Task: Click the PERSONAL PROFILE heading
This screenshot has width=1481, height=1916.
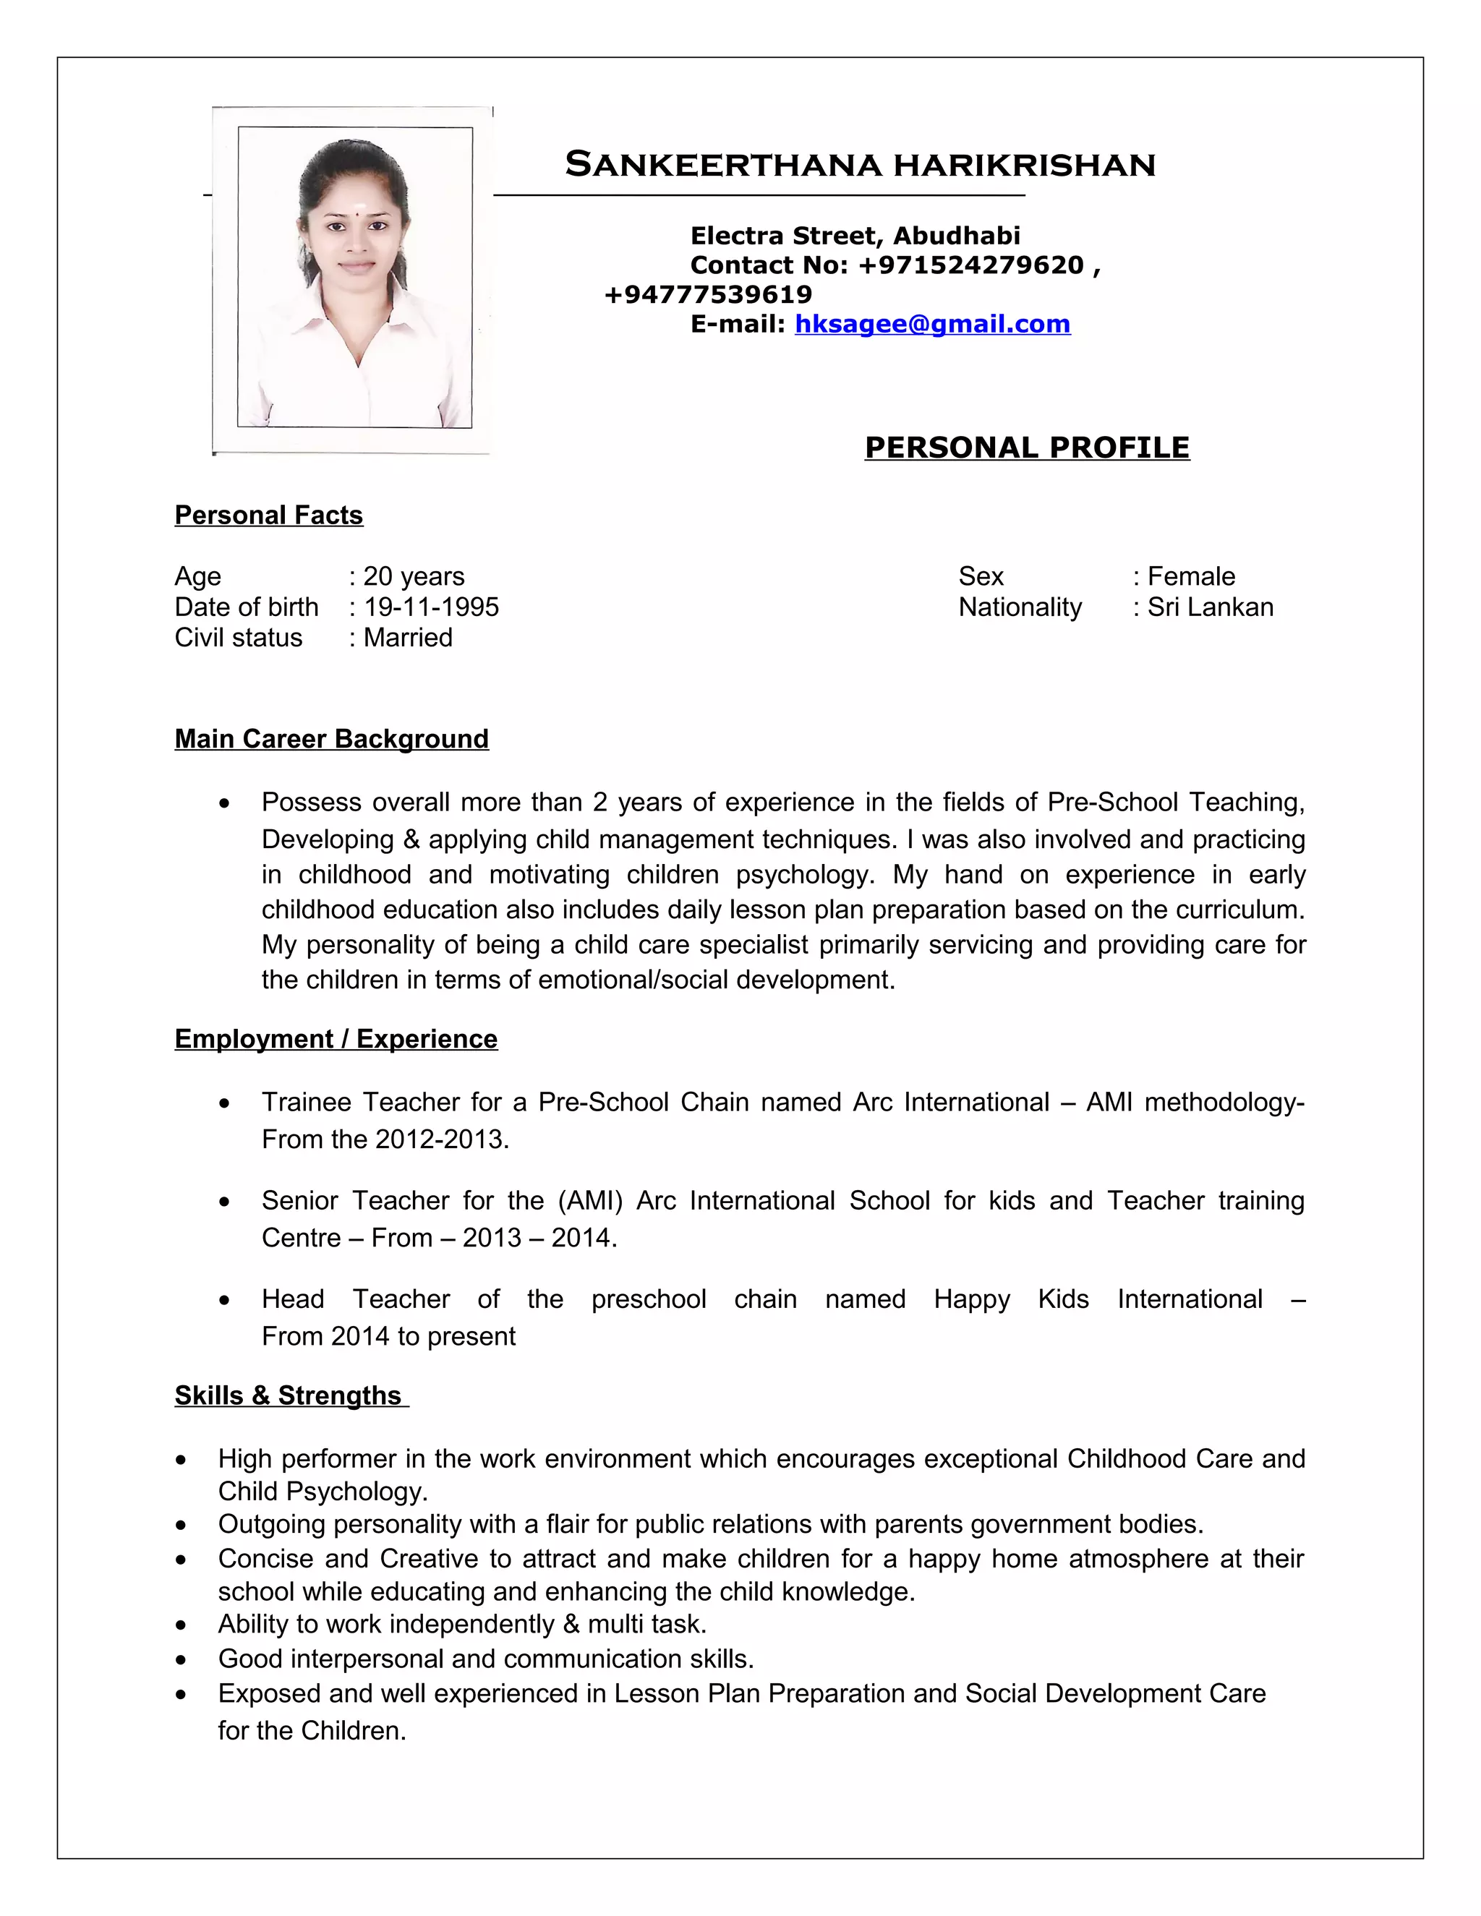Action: pyautogui.click(x=1027, y=448)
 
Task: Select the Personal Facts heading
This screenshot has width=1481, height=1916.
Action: pyautogui.click(x=268, y=515)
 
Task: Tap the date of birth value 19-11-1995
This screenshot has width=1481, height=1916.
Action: pyautogui.click(x=431, y=607)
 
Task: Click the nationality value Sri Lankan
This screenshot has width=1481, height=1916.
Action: pyautogui.click(x=1210, y=607)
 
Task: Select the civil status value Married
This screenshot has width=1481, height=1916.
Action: pyautogui.click(x=408, y=638)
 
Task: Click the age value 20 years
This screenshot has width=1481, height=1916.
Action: pyautogui.click(x=413, y=576)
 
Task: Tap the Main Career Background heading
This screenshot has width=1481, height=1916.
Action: pyautogui.click(x=332, y=739)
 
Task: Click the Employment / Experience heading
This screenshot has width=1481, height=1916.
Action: pyautogui.click(x=336, y=1039)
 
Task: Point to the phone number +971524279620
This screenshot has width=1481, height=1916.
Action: pyautogui.click(x=971, y=265)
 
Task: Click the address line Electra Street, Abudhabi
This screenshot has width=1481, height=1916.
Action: pyautogui.click(x=855, y=235)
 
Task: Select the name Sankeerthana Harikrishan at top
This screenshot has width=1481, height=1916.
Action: pyautogui.click(x=860, y=165)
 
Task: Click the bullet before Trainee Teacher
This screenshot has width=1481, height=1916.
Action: pyautogui.click(x=226, y=1103)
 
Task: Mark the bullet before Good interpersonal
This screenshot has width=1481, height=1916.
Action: pyautogui.click(x=181, y=1660)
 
